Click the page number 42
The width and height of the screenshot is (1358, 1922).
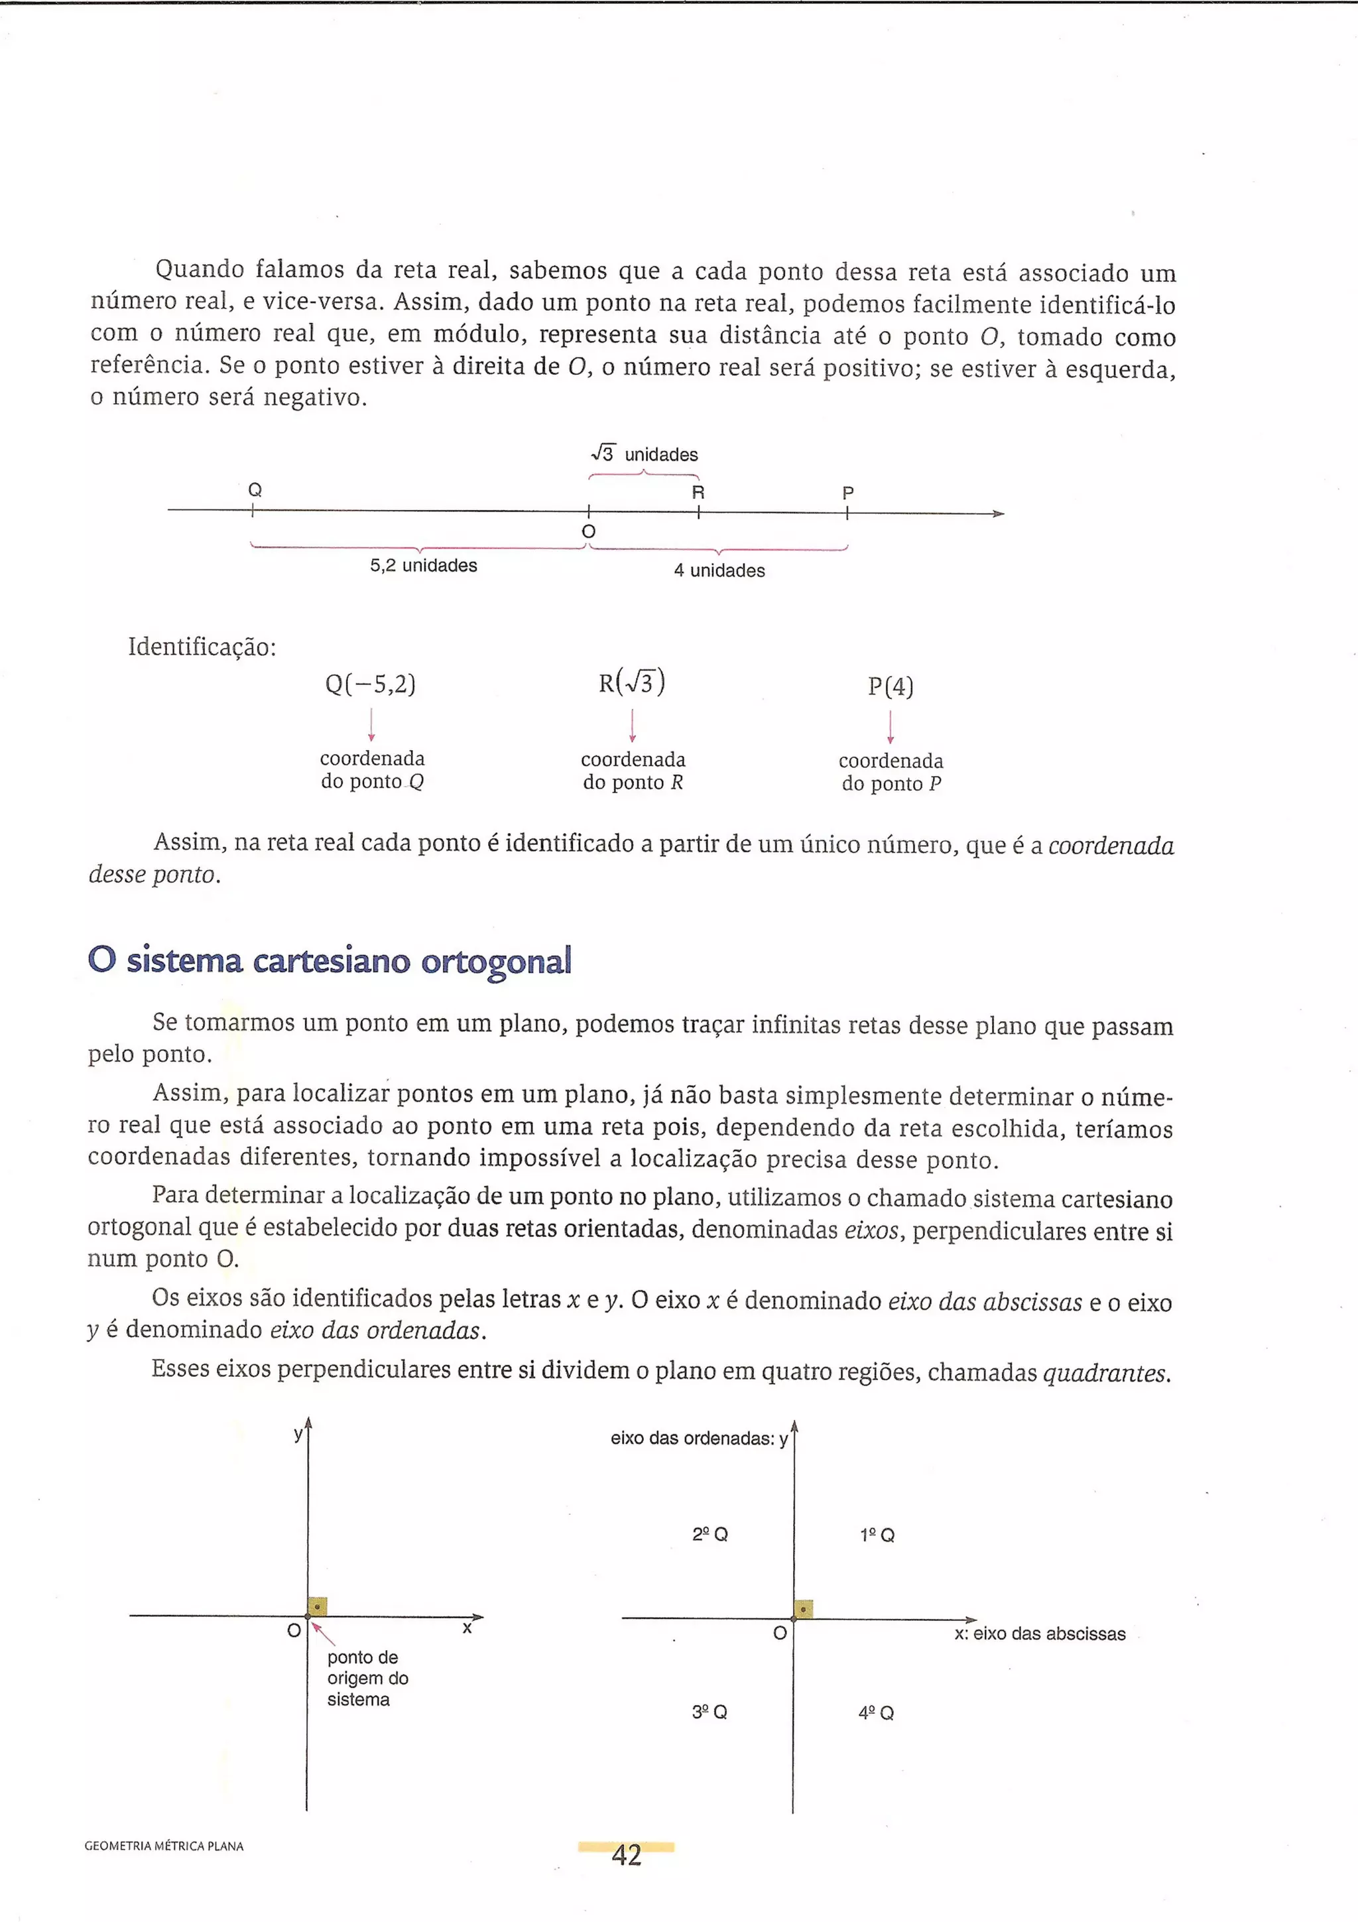coord(626,1855)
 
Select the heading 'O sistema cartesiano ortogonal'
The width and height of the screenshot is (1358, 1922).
coord(330,961)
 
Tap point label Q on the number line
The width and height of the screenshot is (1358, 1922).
coord(255,489)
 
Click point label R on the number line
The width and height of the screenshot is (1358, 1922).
coord(698,492)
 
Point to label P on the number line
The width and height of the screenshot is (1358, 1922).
coord(847,493)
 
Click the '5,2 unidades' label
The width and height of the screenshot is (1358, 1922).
coord(424,566)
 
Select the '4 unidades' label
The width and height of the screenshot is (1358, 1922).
coord(719,571)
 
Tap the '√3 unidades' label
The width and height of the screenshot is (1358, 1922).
coord(645,454)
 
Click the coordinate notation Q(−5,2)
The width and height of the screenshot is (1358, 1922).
coord(371,684)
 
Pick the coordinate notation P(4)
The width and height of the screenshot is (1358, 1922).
coord(891,687)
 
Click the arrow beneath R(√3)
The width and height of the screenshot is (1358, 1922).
coord(633,725)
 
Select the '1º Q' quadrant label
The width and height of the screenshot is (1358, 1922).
coord(877,1535)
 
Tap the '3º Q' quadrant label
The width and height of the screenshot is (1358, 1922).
coord(710,1712)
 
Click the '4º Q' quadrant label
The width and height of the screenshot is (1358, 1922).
coord(876,1712)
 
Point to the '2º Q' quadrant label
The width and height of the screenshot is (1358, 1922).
coord(710,1535)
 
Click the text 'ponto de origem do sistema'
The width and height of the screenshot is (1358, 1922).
coord(367,1679)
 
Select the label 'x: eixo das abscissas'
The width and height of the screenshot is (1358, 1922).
coord(1040,1634)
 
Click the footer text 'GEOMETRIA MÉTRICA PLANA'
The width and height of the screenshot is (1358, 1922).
coord(164,1846)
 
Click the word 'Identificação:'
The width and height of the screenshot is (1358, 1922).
coord(202,647)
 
